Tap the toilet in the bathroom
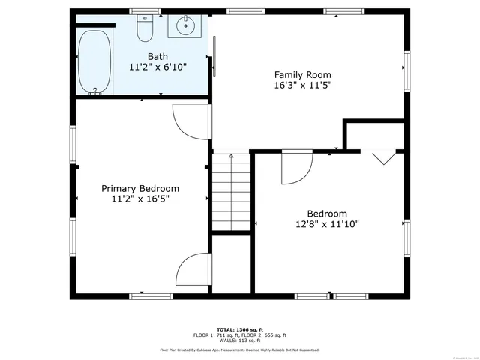click(145, 29)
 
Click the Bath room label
click(157, 56)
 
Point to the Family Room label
click(302, 74)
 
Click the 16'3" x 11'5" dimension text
click(302, 85)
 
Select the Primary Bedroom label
click(140, 188)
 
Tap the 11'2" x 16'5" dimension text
click(140, 199)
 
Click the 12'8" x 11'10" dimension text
click(327, 223)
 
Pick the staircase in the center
click(230, 193)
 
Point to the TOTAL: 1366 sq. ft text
click(239, 329)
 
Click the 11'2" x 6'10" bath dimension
click(157, 67)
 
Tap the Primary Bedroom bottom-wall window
click(147, 296)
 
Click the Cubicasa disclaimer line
click(239, 349)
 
